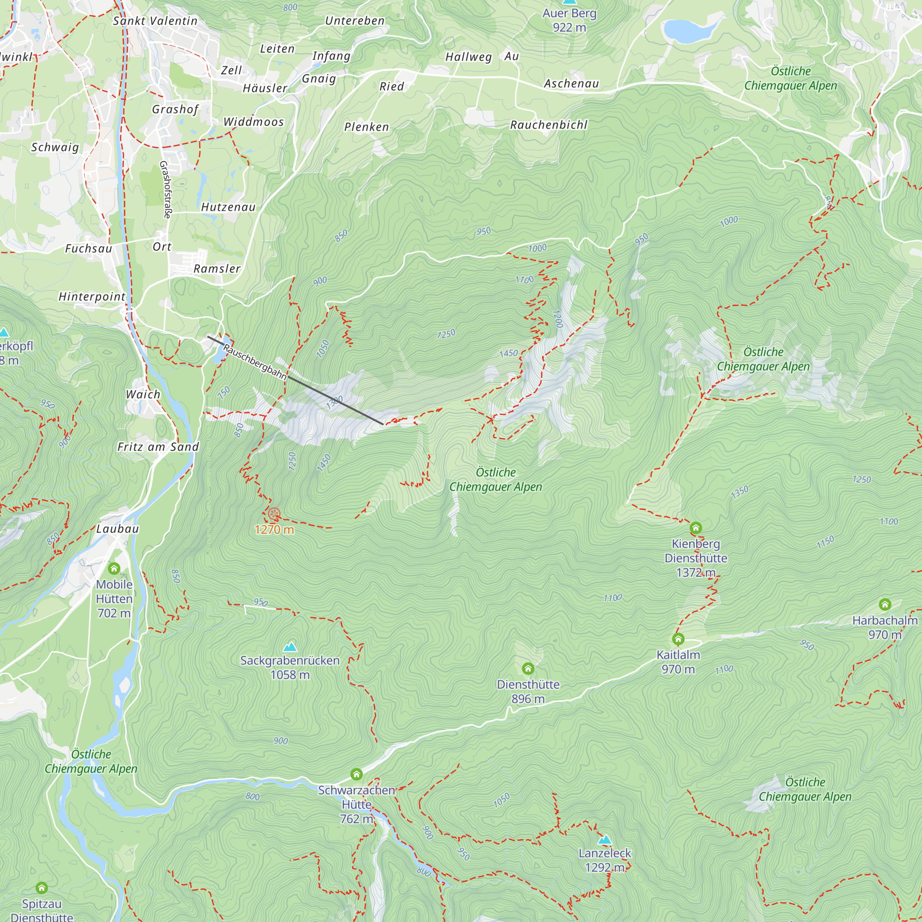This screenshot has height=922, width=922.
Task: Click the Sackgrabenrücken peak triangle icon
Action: pyautogui.click(x=290, y=647)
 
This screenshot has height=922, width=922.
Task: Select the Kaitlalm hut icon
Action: pyautogui.click(x=678, y=639)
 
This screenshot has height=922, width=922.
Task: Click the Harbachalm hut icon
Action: pyautogui.click(x=885, y=605)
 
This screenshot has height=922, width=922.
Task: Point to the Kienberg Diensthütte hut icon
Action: pyautogui.click(x=695, y=528)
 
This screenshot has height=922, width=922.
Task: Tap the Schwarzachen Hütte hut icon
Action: pyautogui.click(x=356, y=774)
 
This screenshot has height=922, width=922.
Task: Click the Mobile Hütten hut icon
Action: pyautogui.click(x=113, y=568)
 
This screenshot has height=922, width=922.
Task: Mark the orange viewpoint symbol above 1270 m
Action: pyautogui.click(x=273, y=514)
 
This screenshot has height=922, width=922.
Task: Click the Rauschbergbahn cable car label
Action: pyautogui.click(x=254, y=362)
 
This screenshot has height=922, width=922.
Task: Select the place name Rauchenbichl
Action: pyautogui.click(x=549, y=125)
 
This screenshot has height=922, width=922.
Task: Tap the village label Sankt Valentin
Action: pyautogui.click(x=155, y=21)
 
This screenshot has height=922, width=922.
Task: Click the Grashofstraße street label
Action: pyautogui.click(x=165, y=189)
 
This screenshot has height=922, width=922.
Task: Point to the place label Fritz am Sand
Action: pyautogui.click(x=158, y=447)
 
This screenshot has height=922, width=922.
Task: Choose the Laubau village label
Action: pyautogui.click(x=118, y=529)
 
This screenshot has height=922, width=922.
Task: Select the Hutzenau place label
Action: pyautogui.click(x=228, y=207)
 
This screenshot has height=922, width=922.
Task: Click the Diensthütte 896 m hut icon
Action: pyautogui.click(x=527, y=668)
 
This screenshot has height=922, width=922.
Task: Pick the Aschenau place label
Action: pyautogui.click(x=571, y=84)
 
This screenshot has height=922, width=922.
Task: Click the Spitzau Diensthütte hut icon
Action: pyautogui.click(x=41, y=887)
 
